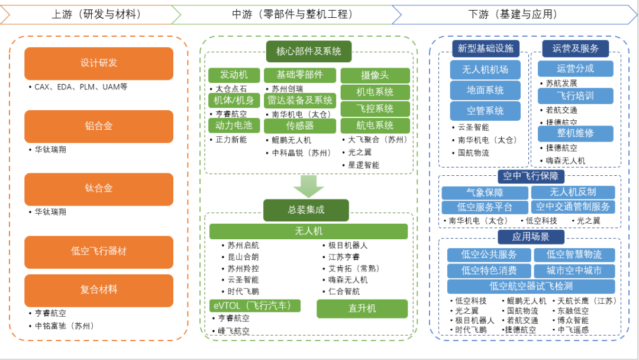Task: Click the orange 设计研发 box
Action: [99, 63]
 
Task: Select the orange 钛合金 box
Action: [99, 189]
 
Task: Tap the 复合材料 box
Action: [99, 290]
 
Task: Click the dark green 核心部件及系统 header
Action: [308, 52]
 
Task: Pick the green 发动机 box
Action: [234, 75]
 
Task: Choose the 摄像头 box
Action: [375, 76]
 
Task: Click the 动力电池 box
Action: [234, 126]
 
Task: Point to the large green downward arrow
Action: [308, 186]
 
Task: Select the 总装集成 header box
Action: [306, 210]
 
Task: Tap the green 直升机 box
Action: [362, 308]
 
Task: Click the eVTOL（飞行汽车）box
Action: [255, 306]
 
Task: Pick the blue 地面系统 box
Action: [485, 91]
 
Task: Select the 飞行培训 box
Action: [575, 96]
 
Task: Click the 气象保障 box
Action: [485, 192]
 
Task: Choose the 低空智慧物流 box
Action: [574, 255]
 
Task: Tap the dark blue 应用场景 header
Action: [531, 237]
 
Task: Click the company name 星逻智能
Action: [363, 165]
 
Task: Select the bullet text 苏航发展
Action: [561, 83]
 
